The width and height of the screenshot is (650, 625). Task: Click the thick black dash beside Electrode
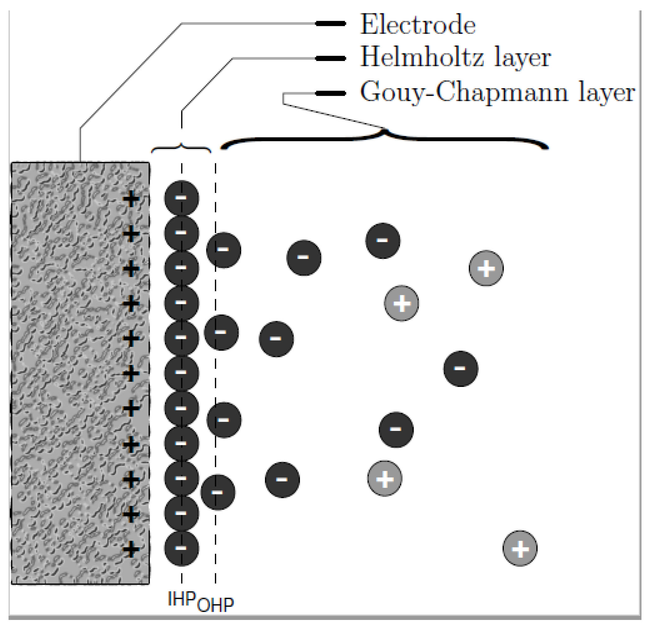pyautogui.click(x=331, y=23)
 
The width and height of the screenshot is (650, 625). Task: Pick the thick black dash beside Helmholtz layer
pyautogui.click(x=331, y=58)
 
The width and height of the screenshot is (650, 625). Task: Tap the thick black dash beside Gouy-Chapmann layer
pyautogui.click(x=331, y=93)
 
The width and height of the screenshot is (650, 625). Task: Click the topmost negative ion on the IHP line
pyautogui.click(x=181, y=198)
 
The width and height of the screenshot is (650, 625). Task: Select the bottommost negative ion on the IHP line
pyautogui.click(x=181, y=548)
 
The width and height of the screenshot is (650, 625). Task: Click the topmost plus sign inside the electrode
pyautogui.click(x=131, y=199)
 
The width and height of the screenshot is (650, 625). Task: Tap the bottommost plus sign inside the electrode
pyautogui.click(x=131, y=549)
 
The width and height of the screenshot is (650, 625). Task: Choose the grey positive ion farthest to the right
pyautogui.click(x=520, y=548)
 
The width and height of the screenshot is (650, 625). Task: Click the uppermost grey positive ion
pyautogui.click(x=486, y=268)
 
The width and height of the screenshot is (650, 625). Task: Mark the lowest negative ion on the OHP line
pyautogui.click(x=218, y=492)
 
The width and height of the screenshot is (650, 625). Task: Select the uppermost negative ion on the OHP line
pyautogui.click(x=223, y=250)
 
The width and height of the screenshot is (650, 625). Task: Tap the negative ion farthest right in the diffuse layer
pyautogui.click(x=461, y=369)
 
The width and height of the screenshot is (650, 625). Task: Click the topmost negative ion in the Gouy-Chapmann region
pyautogui.click(x=383, y=241)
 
